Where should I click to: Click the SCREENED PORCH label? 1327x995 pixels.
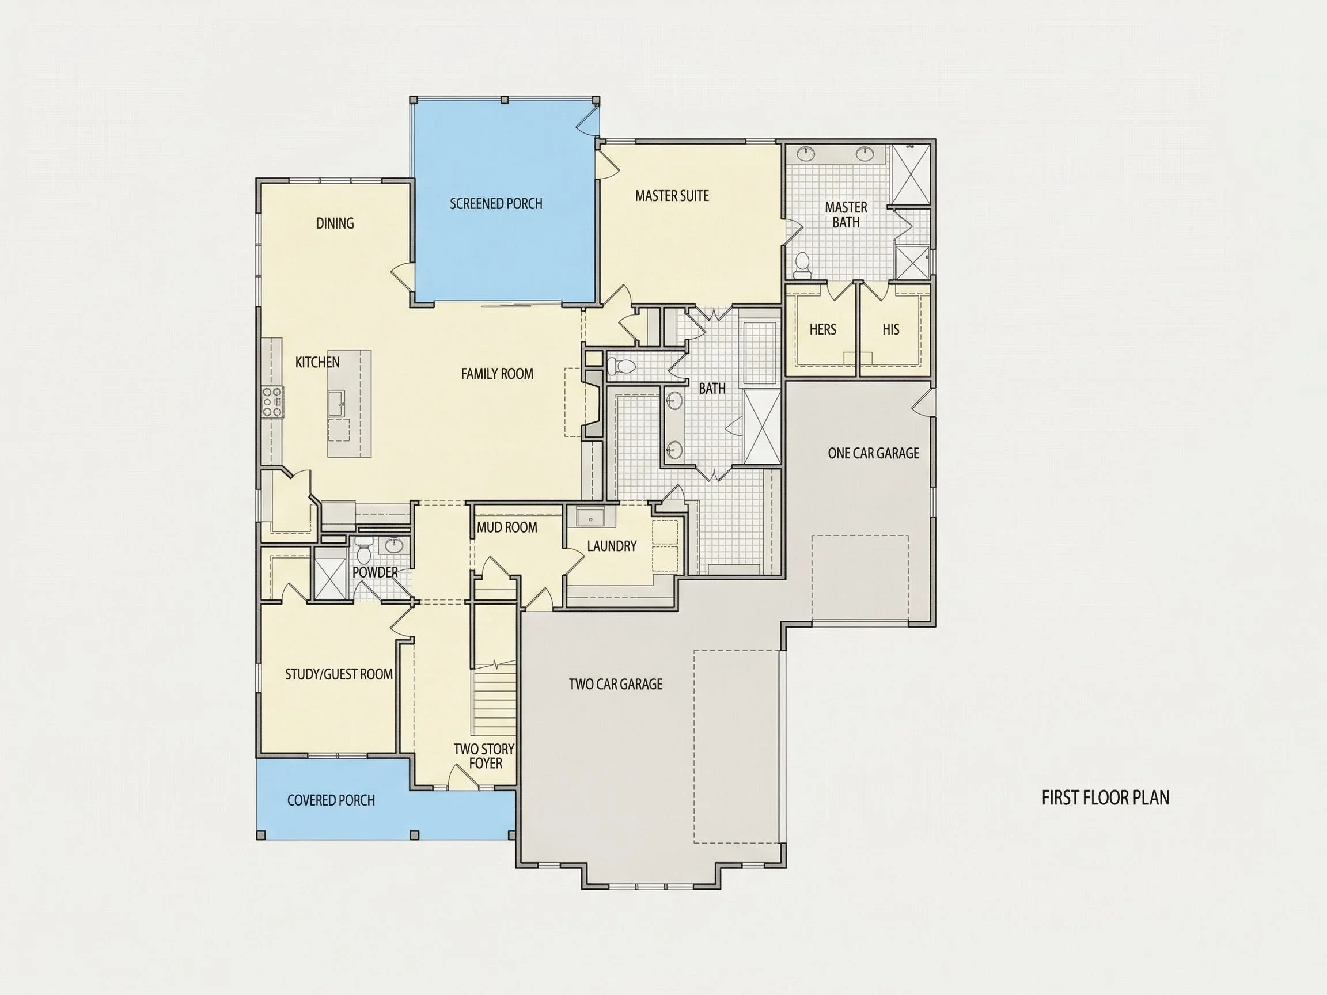pyautogui.click(x=496, y=204)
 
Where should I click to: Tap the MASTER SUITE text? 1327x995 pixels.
pyautogui.click(x=672, y=196)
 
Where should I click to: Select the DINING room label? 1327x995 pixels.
pyautogui.click(x=335, y=223)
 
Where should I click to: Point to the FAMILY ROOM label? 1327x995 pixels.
pyautogui.click(x=496, y=374)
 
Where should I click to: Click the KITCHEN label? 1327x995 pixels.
pyautogui.click(x=317, y=362)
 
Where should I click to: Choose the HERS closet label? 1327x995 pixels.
pyautogui.click(x=822, y=329)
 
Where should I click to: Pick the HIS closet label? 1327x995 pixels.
pyautogui.click(x=891, y=329)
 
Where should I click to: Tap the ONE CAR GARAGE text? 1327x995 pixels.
pyautogui.click(x=874, y=453)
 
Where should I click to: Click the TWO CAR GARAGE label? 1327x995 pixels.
pyautogui.click(x=616, y=684)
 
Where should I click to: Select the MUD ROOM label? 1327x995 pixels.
pyautogui.click(x=507, y=527)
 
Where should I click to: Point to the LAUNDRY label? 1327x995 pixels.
pyautogui.click(x=612, y=546)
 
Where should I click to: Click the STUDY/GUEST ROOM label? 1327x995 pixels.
pyautogui.click(x=339, y=674)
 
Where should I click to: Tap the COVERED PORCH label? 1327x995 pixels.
pyautogui.click(x=331, y=800)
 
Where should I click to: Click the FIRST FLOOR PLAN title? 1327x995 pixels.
pyautogui.click(x=1106, y=797)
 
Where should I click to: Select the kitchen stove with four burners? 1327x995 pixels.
pyautogui.click(x=272, y=402)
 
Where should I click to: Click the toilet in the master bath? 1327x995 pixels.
pyautogui.click(x=802, y=265)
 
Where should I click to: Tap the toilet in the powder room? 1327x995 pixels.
pyautogui.click(x=363, y=549)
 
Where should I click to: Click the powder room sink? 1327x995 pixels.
pyautogui.click(x=393, y=546)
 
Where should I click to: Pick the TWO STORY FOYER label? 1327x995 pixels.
pyautogui.click(x=484, y=755)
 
